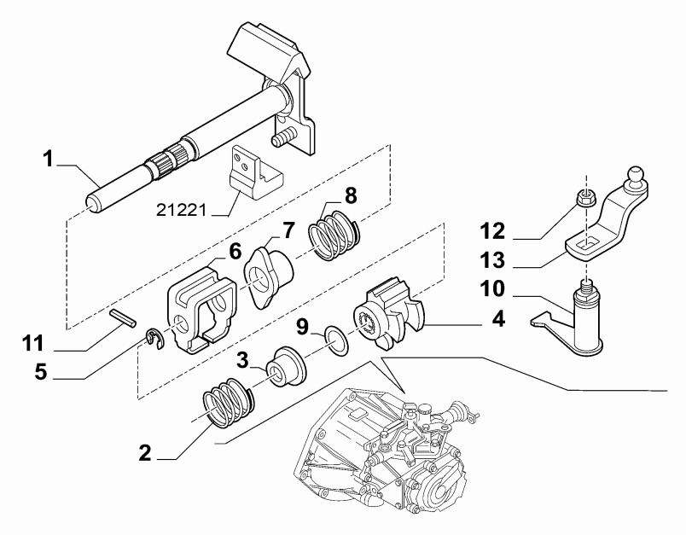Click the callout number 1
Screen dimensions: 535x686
pyautogui.click(x=49, y=159)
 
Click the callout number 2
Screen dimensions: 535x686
pyautogui.click(x=145, y=452)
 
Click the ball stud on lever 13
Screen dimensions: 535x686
pyautogui.click(x=636, y=177)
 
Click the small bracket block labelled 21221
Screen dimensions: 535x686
pyautogui.click(x=253, y=173)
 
